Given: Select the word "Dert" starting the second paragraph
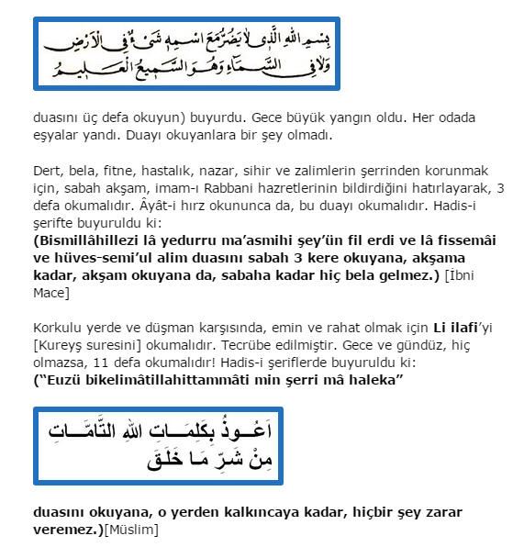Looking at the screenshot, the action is pos(46,171).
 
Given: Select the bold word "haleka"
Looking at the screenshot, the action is pos(378,379).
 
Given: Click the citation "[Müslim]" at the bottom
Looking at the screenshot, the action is pos(131,529).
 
